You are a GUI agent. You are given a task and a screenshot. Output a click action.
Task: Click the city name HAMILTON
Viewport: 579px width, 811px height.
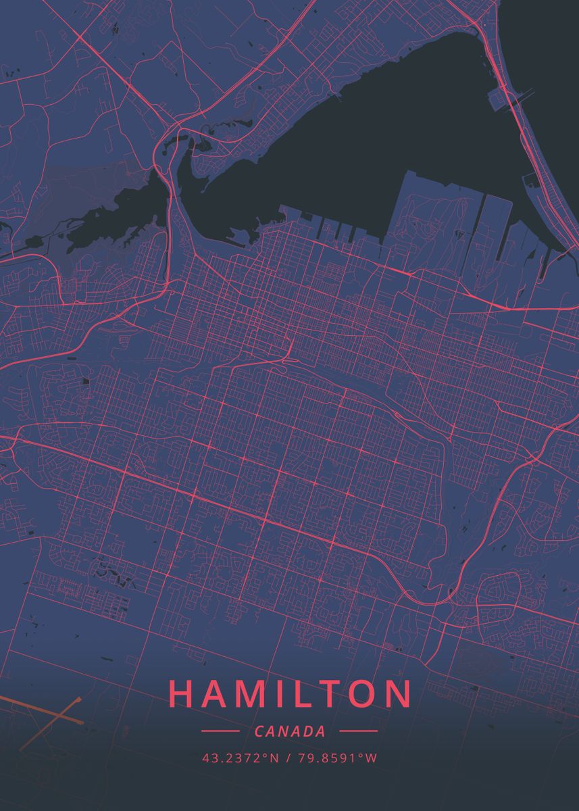290,694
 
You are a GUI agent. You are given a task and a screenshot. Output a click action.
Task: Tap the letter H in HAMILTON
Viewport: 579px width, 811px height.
180,694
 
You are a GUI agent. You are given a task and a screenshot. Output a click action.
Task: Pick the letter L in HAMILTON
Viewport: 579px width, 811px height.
300,694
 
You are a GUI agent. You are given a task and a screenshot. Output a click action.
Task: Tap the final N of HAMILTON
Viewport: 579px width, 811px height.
400,694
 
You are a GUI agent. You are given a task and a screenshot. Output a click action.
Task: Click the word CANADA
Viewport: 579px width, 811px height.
290,731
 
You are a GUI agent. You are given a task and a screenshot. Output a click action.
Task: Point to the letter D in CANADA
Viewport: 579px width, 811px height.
308,731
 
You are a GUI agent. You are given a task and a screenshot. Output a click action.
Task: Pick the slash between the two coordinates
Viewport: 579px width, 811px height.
288,758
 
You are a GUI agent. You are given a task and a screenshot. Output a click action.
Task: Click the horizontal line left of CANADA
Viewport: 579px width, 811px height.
220,731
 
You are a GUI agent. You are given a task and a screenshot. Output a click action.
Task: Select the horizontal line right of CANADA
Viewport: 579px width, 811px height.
358,731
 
